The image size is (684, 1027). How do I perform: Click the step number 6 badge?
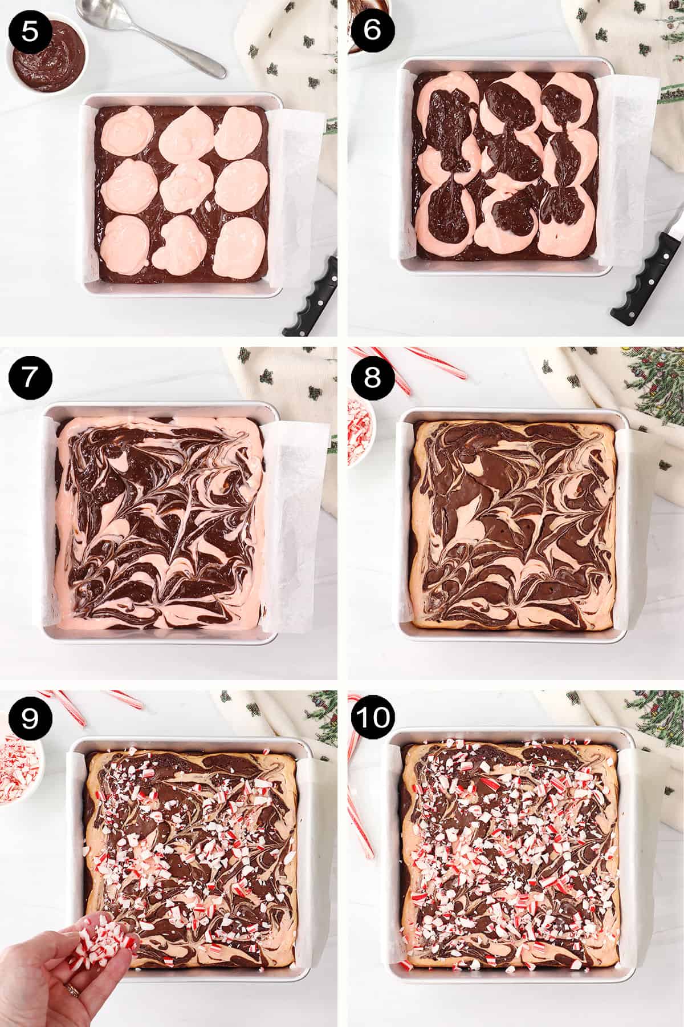372,30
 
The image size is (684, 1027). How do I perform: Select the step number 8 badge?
372,377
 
